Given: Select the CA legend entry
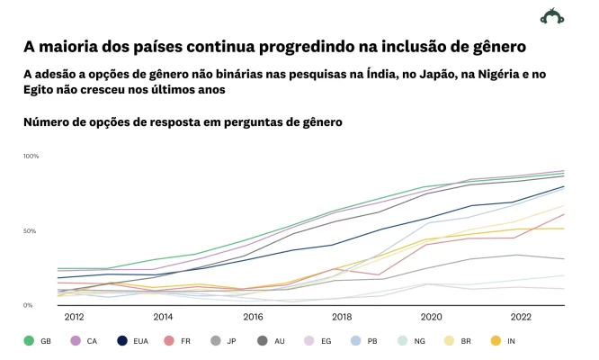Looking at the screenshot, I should click(85, 341).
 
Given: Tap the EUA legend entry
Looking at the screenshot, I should click(134, 341).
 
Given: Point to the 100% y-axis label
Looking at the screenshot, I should click(31, 157).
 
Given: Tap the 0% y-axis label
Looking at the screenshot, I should click(28, 306).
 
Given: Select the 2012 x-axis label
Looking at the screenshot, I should click(74, 317).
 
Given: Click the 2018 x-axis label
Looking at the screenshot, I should click(342, 317).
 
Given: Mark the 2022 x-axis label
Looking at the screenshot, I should click(521, 317).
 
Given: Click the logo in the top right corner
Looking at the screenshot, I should click(552, 16).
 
